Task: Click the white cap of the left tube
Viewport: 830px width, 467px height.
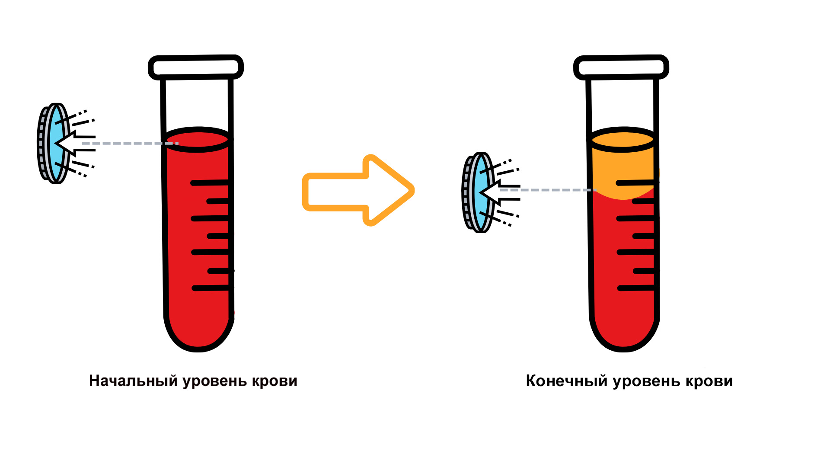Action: click(195, 67)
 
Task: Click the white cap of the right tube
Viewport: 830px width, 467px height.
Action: click(621, 67)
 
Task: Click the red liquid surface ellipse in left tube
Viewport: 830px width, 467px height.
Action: click(197, 139)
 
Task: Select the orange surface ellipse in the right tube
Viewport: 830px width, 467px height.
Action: click(623, 139)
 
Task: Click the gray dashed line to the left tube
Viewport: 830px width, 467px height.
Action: click(130, 143)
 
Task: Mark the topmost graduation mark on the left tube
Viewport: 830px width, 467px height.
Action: click(210, 183)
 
